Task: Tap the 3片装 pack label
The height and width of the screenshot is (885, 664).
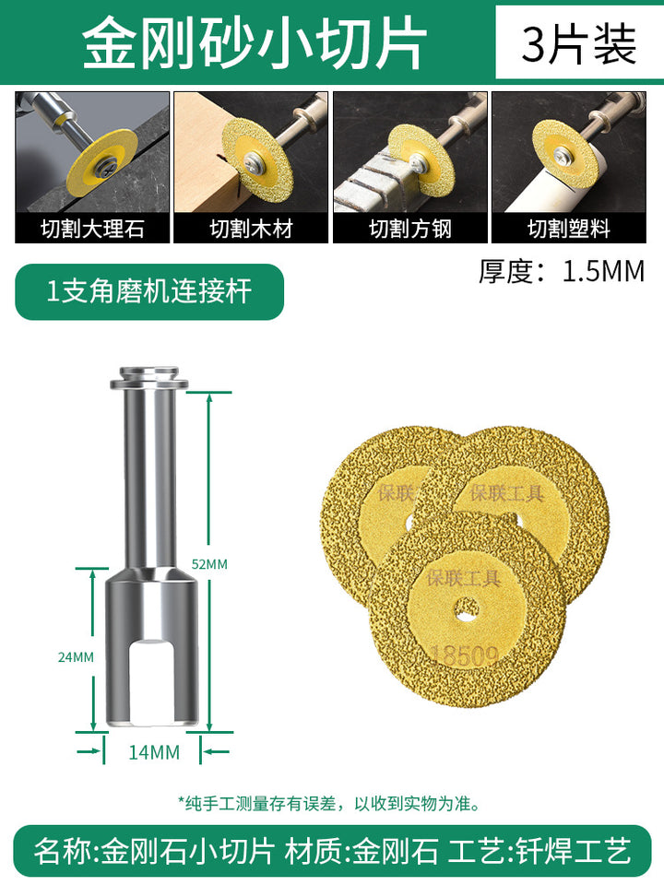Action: [579, 44]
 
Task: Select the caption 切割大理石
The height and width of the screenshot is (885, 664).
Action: [92, 230]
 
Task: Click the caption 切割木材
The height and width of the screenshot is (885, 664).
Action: [251, 230]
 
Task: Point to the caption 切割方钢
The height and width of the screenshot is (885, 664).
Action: [410, 230]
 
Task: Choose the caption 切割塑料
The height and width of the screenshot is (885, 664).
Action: [569, 230]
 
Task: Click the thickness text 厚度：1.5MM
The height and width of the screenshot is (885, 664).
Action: [562, 271]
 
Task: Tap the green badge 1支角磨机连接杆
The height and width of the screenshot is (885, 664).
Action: [149, 292]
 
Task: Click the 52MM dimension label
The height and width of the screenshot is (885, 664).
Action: [209, 564]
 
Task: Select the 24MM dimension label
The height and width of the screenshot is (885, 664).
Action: [76, 657]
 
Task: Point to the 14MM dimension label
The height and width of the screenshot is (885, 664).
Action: [154, 752]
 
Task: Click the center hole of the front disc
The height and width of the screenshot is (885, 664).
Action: [468, 610]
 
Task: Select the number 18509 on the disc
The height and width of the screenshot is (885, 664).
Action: [465, 655]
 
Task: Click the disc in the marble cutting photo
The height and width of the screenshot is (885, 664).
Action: [101, 164]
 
